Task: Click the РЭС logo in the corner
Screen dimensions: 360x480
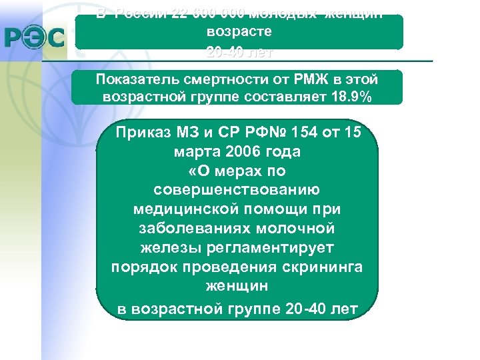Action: tap(35, 38)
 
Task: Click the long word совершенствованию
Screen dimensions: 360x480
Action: tap(237, 190)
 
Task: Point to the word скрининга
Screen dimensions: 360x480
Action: tap(322, 267)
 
